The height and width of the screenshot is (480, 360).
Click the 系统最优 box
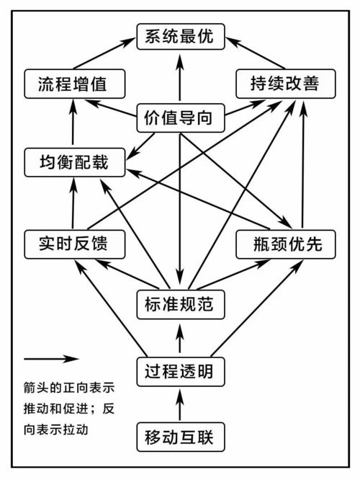[180, 36]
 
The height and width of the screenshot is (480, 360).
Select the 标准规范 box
[180, 304]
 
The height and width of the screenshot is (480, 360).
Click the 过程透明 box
[180, 373]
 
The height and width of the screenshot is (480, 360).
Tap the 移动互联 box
[180, 437]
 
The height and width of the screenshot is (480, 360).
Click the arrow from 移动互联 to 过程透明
[180, 405]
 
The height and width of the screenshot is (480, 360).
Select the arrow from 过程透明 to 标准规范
[180, 339]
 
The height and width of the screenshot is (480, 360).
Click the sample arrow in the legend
[50, 358]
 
